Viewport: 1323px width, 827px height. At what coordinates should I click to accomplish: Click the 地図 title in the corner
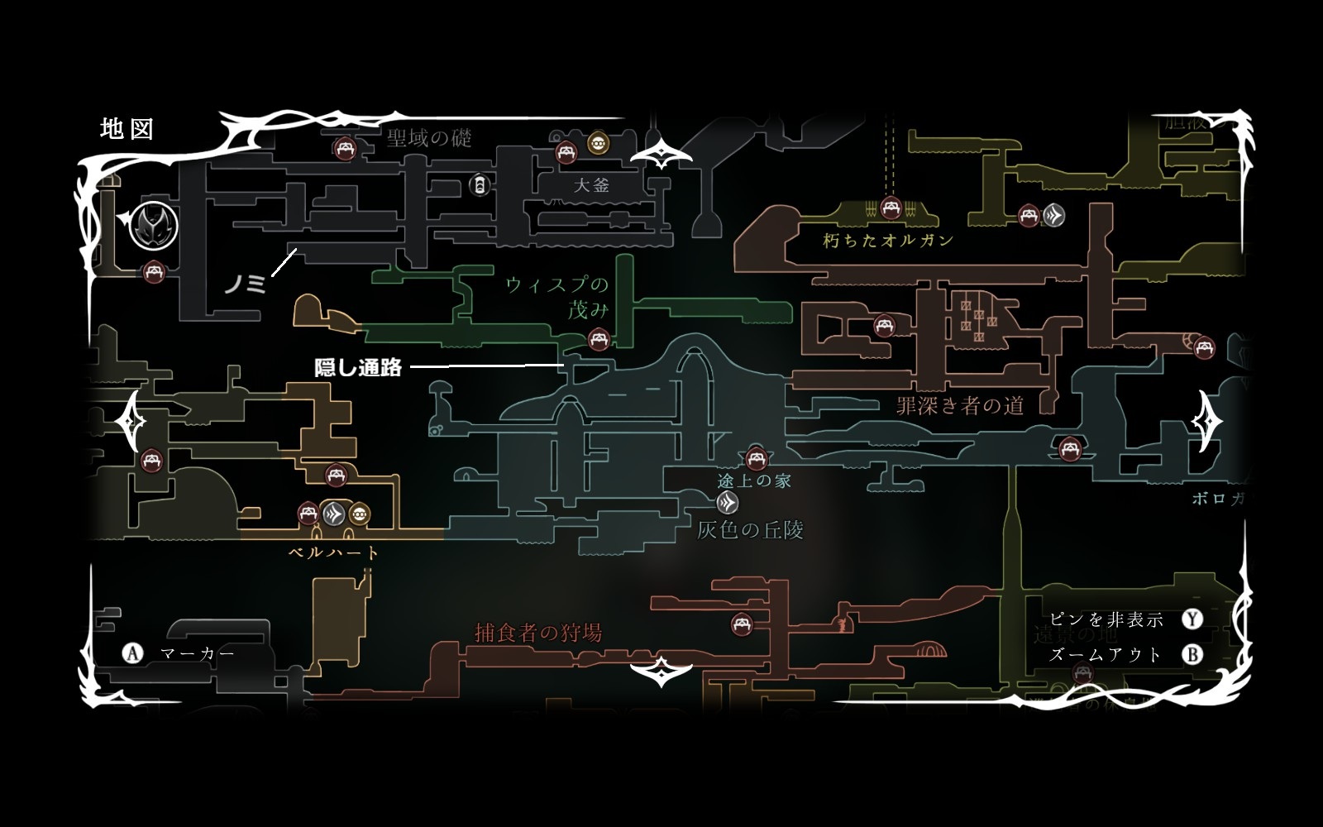point(127,129)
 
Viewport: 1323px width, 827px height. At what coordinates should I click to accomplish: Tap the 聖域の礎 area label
point(428,137)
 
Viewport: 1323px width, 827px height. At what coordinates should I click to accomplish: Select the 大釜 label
point(591,185)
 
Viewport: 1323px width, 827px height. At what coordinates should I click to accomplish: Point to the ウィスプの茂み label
point(558,297)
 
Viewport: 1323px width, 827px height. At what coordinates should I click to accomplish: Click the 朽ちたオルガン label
point(889,241)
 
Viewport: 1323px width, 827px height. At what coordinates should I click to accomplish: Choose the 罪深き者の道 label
point(960,405)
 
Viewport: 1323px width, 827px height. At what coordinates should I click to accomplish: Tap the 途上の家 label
point(754,480)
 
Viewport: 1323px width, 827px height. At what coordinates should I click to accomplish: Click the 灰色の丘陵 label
point(750,529)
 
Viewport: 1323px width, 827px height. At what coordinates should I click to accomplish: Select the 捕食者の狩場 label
point(538,633)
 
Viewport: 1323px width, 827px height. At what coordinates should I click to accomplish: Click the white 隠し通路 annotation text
point(358,368)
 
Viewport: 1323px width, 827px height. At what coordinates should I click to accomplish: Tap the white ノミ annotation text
point(245,284)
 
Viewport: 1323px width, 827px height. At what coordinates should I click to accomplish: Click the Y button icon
point(1192,619)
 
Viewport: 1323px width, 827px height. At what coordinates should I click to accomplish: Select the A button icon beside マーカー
point(132,653)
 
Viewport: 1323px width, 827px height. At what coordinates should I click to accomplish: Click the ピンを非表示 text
point(1106,619)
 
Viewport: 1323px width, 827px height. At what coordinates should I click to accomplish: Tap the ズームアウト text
point(1106,655)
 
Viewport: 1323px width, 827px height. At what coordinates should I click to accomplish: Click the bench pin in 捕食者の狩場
point(742,624)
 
